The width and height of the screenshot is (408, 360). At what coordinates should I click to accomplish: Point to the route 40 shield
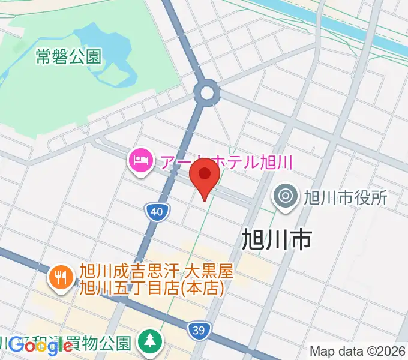[156, 211]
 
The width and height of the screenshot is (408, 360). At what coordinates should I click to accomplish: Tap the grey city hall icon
[285, 196]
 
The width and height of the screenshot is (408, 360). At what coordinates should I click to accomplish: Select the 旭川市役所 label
[345, 197]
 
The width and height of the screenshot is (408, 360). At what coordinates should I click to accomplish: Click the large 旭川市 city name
[277, 239]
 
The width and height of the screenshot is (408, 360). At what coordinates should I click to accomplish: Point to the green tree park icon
[148, 342]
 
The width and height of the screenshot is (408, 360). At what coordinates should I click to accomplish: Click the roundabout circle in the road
[208, 92]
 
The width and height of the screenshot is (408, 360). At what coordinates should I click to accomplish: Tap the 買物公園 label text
[105, 343]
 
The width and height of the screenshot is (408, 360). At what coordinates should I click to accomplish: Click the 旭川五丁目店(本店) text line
[152, 287]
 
